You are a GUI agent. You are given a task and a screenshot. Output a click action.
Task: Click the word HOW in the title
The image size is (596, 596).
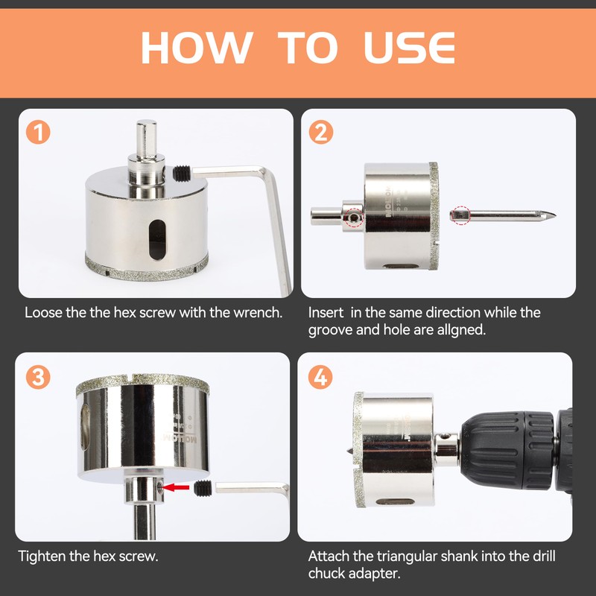(x=197, y=48)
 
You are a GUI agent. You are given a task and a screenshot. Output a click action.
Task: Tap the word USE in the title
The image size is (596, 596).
(x=409, y=48)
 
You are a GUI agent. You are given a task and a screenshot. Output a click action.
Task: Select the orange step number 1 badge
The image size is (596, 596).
(x=38, y=132)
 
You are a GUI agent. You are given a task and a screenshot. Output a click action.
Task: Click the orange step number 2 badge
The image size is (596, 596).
(x=321, y=132)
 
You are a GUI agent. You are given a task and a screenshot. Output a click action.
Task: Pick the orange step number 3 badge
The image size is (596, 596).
(x=38, y=377)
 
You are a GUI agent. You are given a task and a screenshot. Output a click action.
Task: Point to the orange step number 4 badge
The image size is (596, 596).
(x=320, y=377)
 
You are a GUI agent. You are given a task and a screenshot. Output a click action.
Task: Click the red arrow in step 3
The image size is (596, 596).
(x=177, y=487)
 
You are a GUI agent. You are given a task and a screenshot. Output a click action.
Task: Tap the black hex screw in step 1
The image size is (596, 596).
(x=182, y=174)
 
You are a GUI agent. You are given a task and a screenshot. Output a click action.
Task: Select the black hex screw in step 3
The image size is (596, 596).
(x=203, y=489)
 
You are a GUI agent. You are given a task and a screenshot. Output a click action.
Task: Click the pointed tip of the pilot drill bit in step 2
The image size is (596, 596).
(x=555, y=215)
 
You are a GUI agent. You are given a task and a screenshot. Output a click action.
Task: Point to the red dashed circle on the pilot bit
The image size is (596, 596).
(x=461, y=215)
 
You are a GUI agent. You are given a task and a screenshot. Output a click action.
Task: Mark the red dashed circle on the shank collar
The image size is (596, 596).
(x=355, y=218)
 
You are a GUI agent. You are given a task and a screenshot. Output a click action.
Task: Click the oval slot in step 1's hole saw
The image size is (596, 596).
(x=157, y=240)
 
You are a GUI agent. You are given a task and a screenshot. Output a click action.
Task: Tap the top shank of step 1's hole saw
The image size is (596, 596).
(x=146, y=138)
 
